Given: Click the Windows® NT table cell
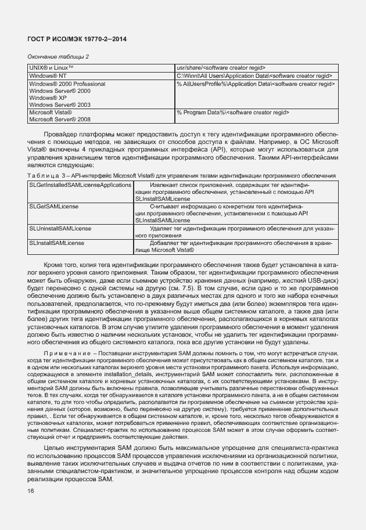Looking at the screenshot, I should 48,76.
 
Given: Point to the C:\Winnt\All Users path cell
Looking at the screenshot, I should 255,76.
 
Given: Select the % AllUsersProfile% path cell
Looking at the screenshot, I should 256,84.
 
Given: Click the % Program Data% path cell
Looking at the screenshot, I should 233,112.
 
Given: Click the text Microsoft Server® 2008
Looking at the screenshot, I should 60,119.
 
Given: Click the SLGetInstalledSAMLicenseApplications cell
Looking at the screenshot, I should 80,185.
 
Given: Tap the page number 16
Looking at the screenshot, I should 31,491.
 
